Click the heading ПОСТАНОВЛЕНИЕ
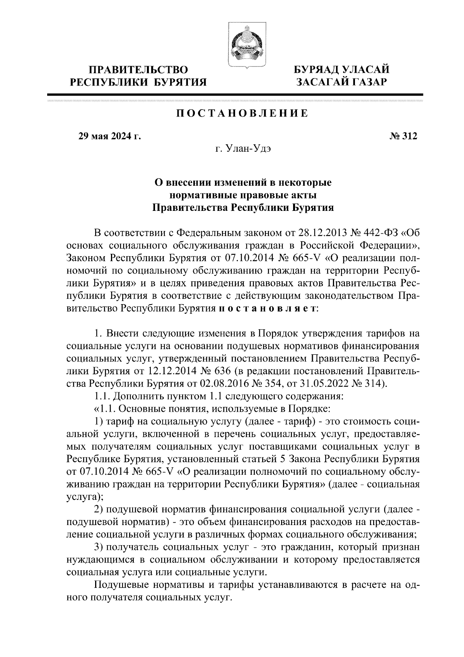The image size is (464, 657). (x=242, y=113)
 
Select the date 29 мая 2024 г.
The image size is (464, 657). (x=109, y=136)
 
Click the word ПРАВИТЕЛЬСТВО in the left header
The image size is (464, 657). (x=138, y=70)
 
